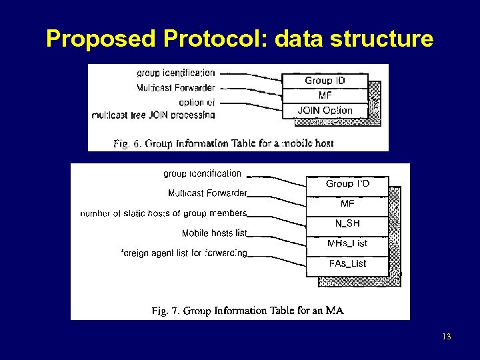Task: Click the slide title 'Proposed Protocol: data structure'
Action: point(240,39)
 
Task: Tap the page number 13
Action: point(446,336)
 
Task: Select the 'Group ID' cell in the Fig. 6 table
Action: point(325,81)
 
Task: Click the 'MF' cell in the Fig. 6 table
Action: point(325,95)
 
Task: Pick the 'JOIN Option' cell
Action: point(325,110)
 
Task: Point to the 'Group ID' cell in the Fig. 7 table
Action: point(347,184)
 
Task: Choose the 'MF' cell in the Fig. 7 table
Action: point(347,203)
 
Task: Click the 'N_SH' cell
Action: point(347,223)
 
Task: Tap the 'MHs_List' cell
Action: point(347,243)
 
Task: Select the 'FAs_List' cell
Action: point(347,263)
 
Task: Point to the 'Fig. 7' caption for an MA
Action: point(247,311)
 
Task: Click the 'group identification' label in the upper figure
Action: point(176,73)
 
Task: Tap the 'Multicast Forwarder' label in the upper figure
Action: point(176,87)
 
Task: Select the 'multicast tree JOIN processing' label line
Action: point(153,115)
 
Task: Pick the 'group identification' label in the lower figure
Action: point(202,173)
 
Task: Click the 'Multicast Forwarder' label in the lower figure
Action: point(207,193)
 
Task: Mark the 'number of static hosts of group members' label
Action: point(163,213)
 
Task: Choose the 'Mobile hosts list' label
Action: point(214,233)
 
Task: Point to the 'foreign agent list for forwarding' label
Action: point(185,253)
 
